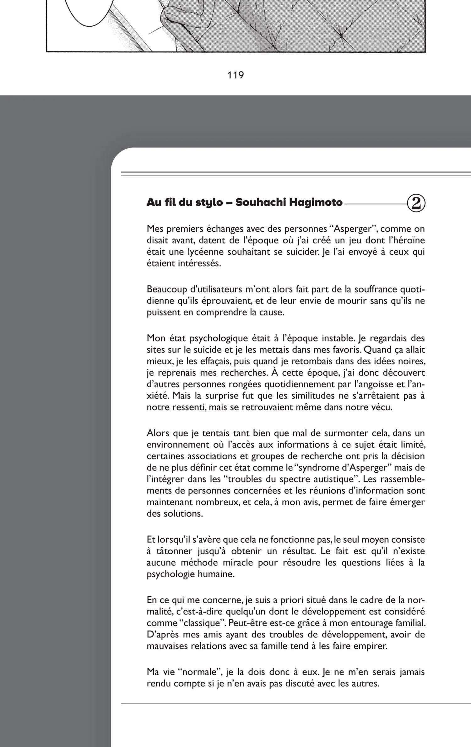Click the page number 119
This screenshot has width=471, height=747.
coord(235,75)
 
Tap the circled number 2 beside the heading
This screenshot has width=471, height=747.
coord(416,203)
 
